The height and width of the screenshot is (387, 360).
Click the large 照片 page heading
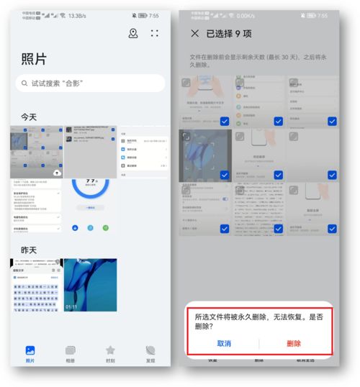coord(35,60)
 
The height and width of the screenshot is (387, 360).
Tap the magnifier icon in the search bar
coord(25,83)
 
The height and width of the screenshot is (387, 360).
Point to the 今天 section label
coord(30,117)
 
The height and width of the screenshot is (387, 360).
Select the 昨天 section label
coord(30,250)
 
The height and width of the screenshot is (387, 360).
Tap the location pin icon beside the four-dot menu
coord(133,33)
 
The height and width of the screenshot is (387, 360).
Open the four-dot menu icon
coord(155,33)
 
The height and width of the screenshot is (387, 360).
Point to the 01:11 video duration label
coord(72,306)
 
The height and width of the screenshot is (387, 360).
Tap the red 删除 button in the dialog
coord(293,343)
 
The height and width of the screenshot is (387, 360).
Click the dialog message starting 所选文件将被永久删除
coord(259,321)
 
